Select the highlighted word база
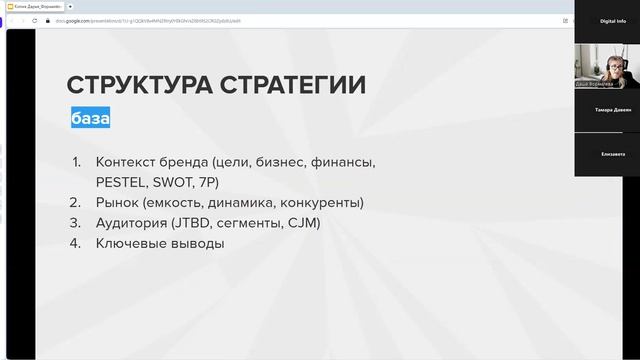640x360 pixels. click(90, 119)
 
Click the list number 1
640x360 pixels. click(77, 162)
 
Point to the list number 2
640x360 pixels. click(77, 203)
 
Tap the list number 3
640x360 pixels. click(77, 223)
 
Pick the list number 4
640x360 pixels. click(77, 243)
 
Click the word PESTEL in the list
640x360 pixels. click(120, 183)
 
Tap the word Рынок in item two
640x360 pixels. click(118, 203)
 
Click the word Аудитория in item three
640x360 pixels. click(132, 223)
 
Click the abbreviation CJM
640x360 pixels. click(302, 223)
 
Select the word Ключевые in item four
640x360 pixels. click(130, 243)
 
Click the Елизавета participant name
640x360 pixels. click(607, 153)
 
